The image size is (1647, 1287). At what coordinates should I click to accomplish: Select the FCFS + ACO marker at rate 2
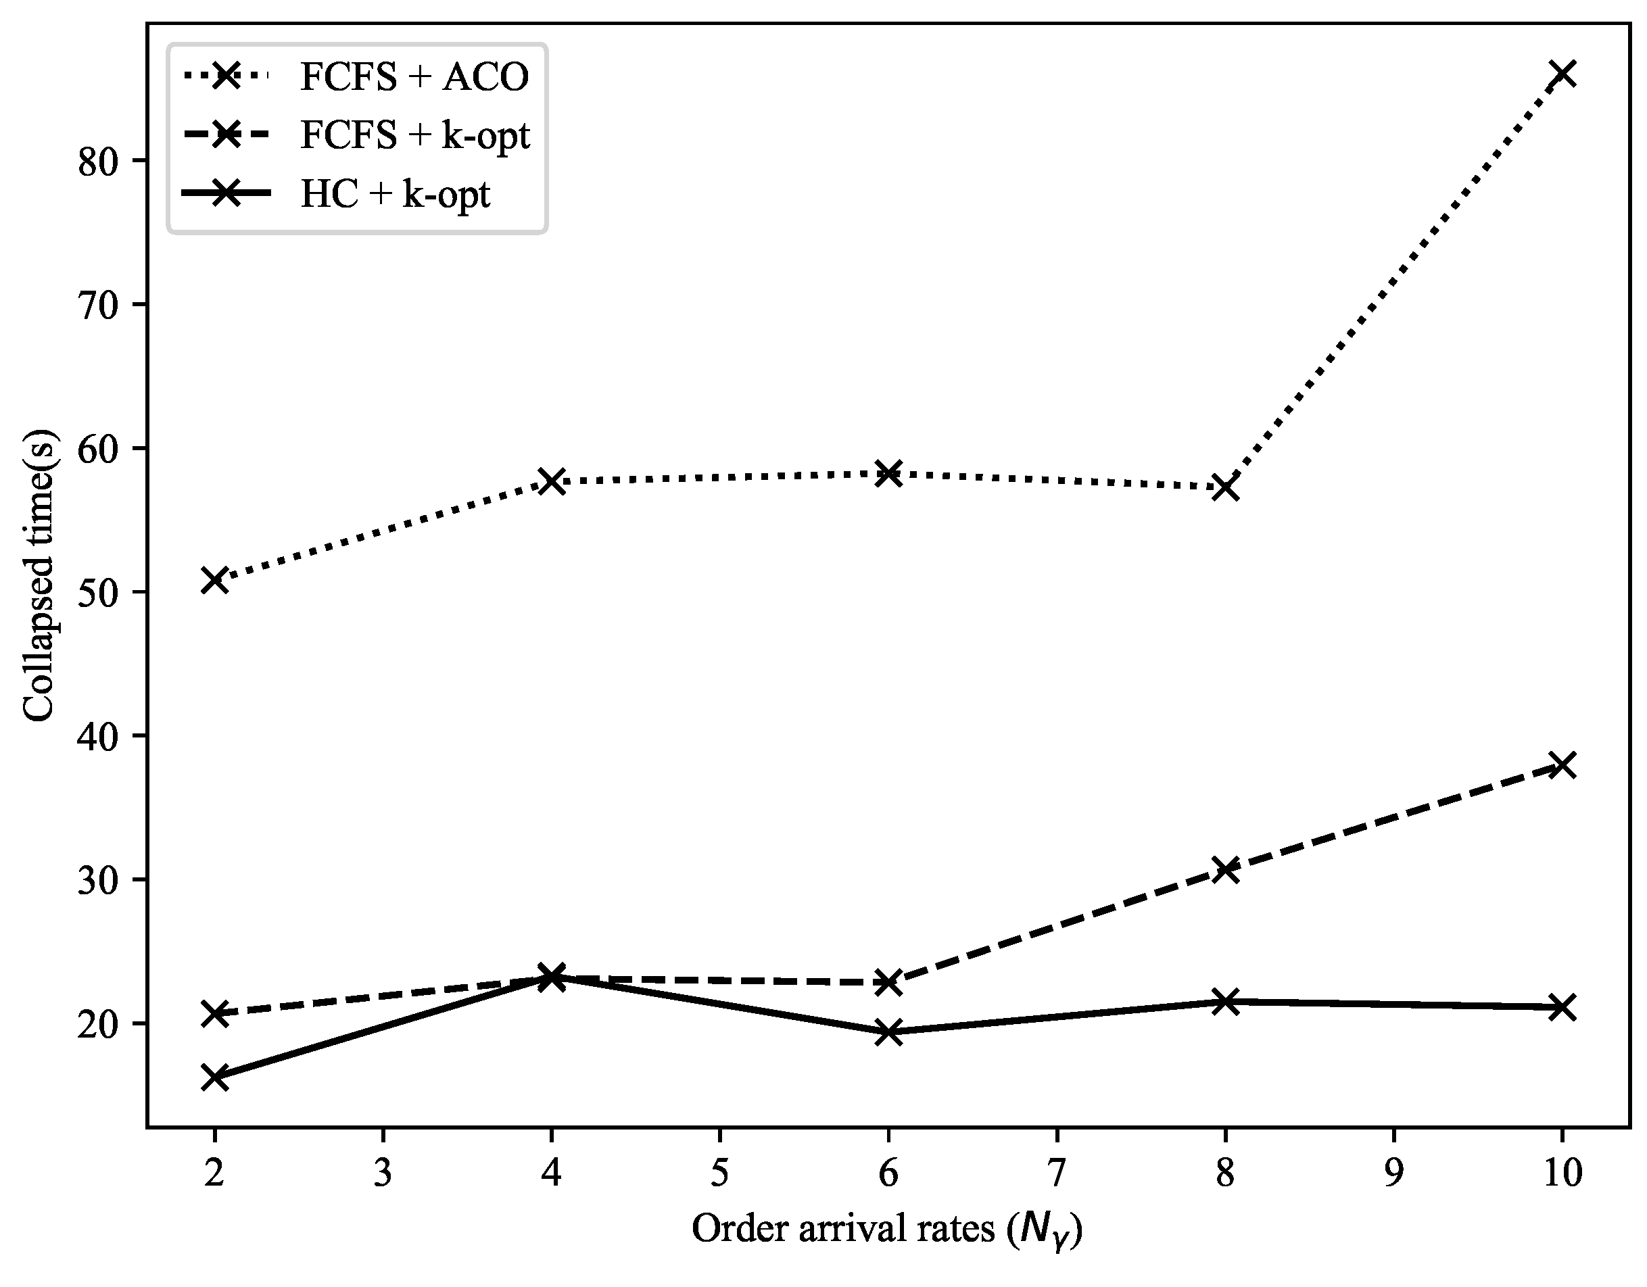(215, 580)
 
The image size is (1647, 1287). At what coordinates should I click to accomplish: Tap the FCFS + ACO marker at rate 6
(888, 473)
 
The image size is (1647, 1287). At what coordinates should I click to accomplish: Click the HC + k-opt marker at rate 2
(215, 1077)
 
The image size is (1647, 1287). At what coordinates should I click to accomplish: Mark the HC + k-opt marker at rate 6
(888, 1032)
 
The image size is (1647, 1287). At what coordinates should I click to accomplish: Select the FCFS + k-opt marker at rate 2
(215, 1014)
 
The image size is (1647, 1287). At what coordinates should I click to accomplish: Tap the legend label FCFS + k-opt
(414, 136)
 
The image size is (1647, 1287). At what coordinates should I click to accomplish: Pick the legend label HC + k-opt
(395, 195)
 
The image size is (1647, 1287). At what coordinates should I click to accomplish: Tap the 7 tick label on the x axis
(1057, 1174)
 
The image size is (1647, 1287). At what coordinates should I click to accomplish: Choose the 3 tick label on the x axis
(383, 1174)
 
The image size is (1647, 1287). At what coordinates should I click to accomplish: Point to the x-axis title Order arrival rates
(887, 1230)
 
